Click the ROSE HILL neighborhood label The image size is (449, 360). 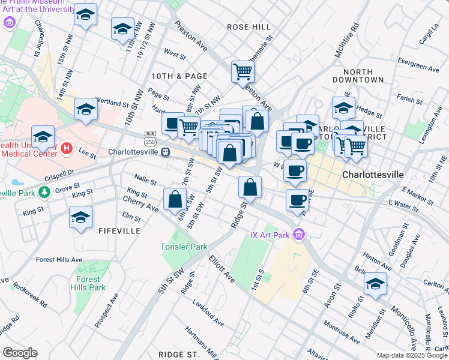tap(249, 27)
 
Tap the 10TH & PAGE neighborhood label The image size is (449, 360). tap(179, 76)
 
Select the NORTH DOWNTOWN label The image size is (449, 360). tap(364, 76)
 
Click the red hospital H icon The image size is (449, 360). tap(67, 148)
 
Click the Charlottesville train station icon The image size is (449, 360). tap(165, 152)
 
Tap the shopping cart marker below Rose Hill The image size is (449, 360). tap(243, 72)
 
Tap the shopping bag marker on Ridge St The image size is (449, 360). tap(250, 187)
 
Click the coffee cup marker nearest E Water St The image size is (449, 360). tap(297, 201)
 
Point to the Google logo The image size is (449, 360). tap(19, 353)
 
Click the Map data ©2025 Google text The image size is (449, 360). tap(412, 355)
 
